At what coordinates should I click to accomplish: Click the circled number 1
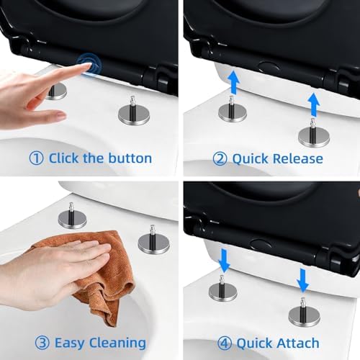36,158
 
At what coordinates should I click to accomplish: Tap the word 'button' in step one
130,158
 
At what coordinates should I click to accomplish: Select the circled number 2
220,158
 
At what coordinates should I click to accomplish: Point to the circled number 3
42,343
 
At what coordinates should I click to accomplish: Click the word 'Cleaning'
117,343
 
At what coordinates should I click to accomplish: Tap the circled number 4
225,343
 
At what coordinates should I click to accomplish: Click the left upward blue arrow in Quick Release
233,82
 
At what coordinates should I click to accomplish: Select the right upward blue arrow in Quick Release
314,105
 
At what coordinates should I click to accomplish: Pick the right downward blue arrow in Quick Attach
302,280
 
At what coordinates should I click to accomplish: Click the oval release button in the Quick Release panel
268,66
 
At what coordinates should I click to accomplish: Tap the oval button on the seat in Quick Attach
261,244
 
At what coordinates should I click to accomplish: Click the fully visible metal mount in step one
134,112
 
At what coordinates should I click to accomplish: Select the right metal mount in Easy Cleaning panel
153,240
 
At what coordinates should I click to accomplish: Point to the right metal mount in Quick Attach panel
305,313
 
